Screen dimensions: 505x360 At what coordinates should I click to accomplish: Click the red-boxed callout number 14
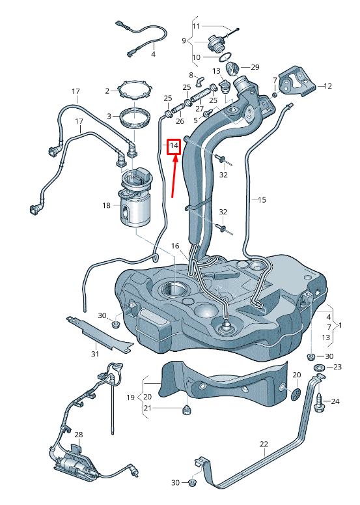coord(174,147)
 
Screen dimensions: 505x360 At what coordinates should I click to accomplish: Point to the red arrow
coord(174,176)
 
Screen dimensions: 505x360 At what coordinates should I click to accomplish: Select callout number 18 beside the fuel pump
coord(107,205)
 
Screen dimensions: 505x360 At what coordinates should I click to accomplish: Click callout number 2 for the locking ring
coord(107,91)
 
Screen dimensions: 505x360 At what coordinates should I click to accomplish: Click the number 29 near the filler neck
coord(255,67)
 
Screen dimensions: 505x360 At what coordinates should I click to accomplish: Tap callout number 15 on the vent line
coord(262,200)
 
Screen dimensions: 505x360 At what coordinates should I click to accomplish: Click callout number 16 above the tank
coord(174,246)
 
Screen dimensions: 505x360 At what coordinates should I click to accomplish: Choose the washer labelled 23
coord(320,369)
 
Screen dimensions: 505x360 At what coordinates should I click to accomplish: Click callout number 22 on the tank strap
coord(264,444)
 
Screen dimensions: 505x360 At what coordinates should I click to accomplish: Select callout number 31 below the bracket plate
coord(95,354)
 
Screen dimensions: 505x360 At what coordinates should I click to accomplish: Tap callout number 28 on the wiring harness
coord(79,434)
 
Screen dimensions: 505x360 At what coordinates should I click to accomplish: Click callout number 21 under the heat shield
coord(147,408)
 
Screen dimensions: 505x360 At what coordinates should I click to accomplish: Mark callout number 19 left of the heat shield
coord(130,397)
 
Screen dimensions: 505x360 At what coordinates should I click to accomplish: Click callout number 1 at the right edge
coord(341,325)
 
